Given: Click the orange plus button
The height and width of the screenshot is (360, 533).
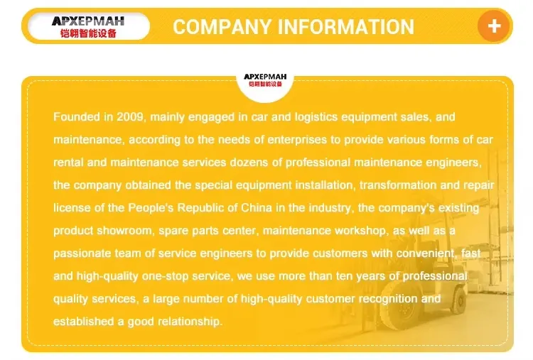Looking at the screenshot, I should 494,26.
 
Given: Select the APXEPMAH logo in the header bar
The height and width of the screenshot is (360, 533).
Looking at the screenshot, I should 88,26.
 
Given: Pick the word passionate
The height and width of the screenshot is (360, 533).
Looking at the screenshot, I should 82,253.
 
